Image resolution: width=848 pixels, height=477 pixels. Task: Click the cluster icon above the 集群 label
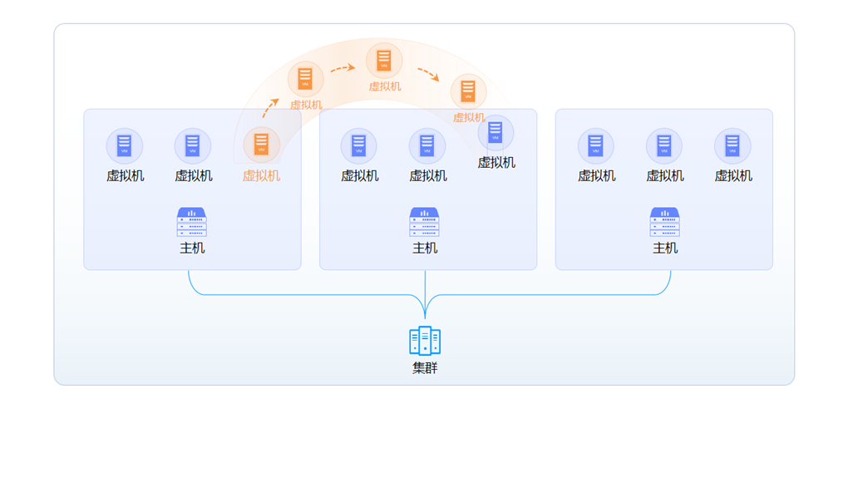(425, 341)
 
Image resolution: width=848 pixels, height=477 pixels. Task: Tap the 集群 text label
(425, 367)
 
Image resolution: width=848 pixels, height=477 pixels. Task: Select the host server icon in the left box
(192, 223)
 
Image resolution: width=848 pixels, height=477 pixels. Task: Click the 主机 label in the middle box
(425, 248)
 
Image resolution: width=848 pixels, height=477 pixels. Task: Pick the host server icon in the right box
(664, 223)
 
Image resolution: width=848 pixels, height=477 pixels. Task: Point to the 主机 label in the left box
(192, 248)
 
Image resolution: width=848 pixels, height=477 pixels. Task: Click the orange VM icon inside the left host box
(261, 145)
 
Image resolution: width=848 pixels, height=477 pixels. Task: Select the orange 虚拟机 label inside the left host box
(261, 175)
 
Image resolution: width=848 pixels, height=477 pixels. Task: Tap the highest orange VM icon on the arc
(384, 60)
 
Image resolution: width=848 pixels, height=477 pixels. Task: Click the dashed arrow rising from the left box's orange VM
(270, 107)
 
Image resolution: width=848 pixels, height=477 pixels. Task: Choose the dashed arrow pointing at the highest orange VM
(343, 69)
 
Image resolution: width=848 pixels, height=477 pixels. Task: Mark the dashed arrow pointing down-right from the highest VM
(428, 75)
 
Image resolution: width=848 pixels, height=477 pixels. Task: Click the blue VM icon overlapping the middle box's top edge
(495, 132)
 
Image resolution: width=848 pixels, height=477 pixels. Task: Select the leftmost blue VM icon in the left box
(125, 145)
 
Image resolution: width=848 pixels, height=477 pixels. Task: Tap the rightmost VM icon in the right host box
(732, 145)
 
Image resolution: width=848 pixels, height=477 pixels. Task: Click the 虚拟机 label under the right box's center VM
(664, 175)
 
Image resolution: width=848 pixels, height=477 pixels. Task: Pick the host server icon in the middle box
(425, 223)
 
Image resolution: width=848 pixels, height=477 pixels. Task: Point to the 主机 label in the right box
(664, 248)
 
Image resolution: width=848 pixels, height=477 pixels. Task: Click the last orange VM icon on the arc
(468, 91)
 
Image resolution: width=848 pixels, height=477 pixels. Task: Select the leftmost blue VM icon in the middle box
(359, 145)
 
